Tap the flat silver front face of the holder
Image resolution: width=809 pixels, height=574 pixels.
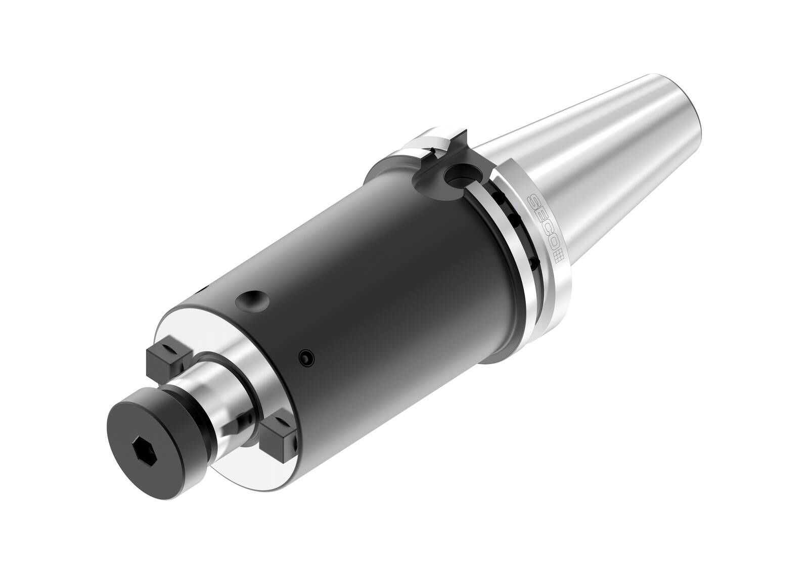click(212, 334)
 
